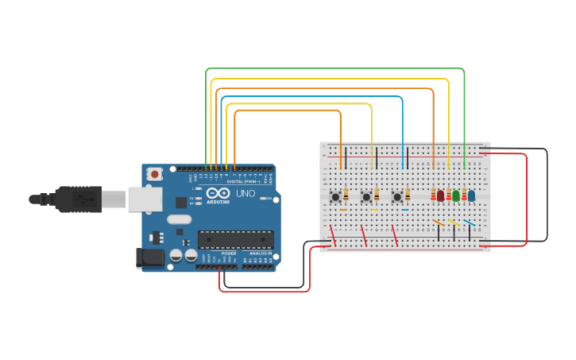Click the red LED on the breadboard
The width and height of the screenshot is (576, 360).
pyautogui.click(x=440, y=195)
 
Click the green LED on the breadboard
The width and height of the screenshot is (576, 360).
pyautogui.click(x=456, y=195)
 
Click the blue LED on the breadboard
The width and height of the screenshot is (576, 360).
pyautogui.click(x=471, y=195)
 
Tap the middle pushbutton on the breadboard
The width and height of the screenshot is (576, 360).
pyautogui.click(x=366, y=196)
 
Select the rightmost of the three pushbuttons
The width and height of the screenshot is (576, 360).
pyautogui.click(x=396, y=196)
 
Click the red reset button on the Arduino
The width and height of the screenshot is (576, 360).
pyautogui.click(x=154, y=173)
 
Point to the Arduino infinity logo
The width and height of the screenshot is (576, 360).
pyautogui.click(x=218, y=193)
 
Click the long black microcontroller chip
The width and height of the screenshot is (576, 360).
pyautogui.click(x=235, y=238)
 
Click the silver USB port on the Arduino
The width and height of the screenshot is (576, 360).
pyautogui.click(x=145, y=199)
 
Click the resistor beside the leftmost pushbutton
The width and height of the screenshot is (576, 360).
pyautogui.click(x=346, y=195)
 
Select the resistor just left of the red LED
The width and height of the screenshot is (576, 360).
pyautogui.click(x=433, y=194)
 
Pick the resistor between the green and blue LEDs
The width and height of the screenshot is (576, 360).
pyautogui.click(x=464, y=194)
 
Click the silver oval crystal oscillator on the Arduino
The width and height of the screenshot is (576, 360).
pyautogui.click(x=180, y=219)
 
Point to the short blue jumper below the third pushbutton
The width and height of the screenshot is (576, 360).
pyautogui.click(x=404, y=210)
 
